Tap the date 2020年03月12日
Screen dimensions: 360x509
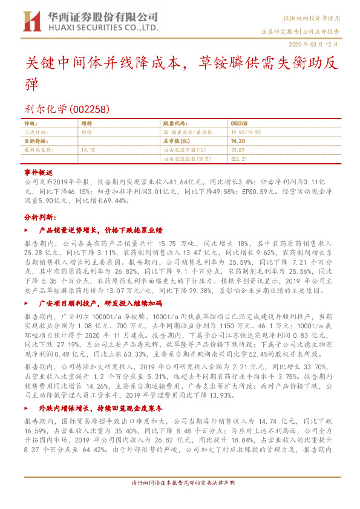point(321,45)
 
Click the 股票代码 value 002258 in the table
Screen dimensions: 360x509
point(240,123)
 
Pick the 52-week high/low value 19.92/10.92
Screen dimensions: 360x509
point(246,131)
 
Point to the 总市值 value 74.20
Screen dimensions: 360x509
point(237,140)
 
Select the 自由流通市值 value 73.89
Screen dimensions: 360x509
point(237,149)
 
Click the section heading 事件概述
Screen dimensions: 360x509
point(38,172)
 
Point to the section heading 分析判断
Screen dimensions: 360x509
point(39,216)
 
